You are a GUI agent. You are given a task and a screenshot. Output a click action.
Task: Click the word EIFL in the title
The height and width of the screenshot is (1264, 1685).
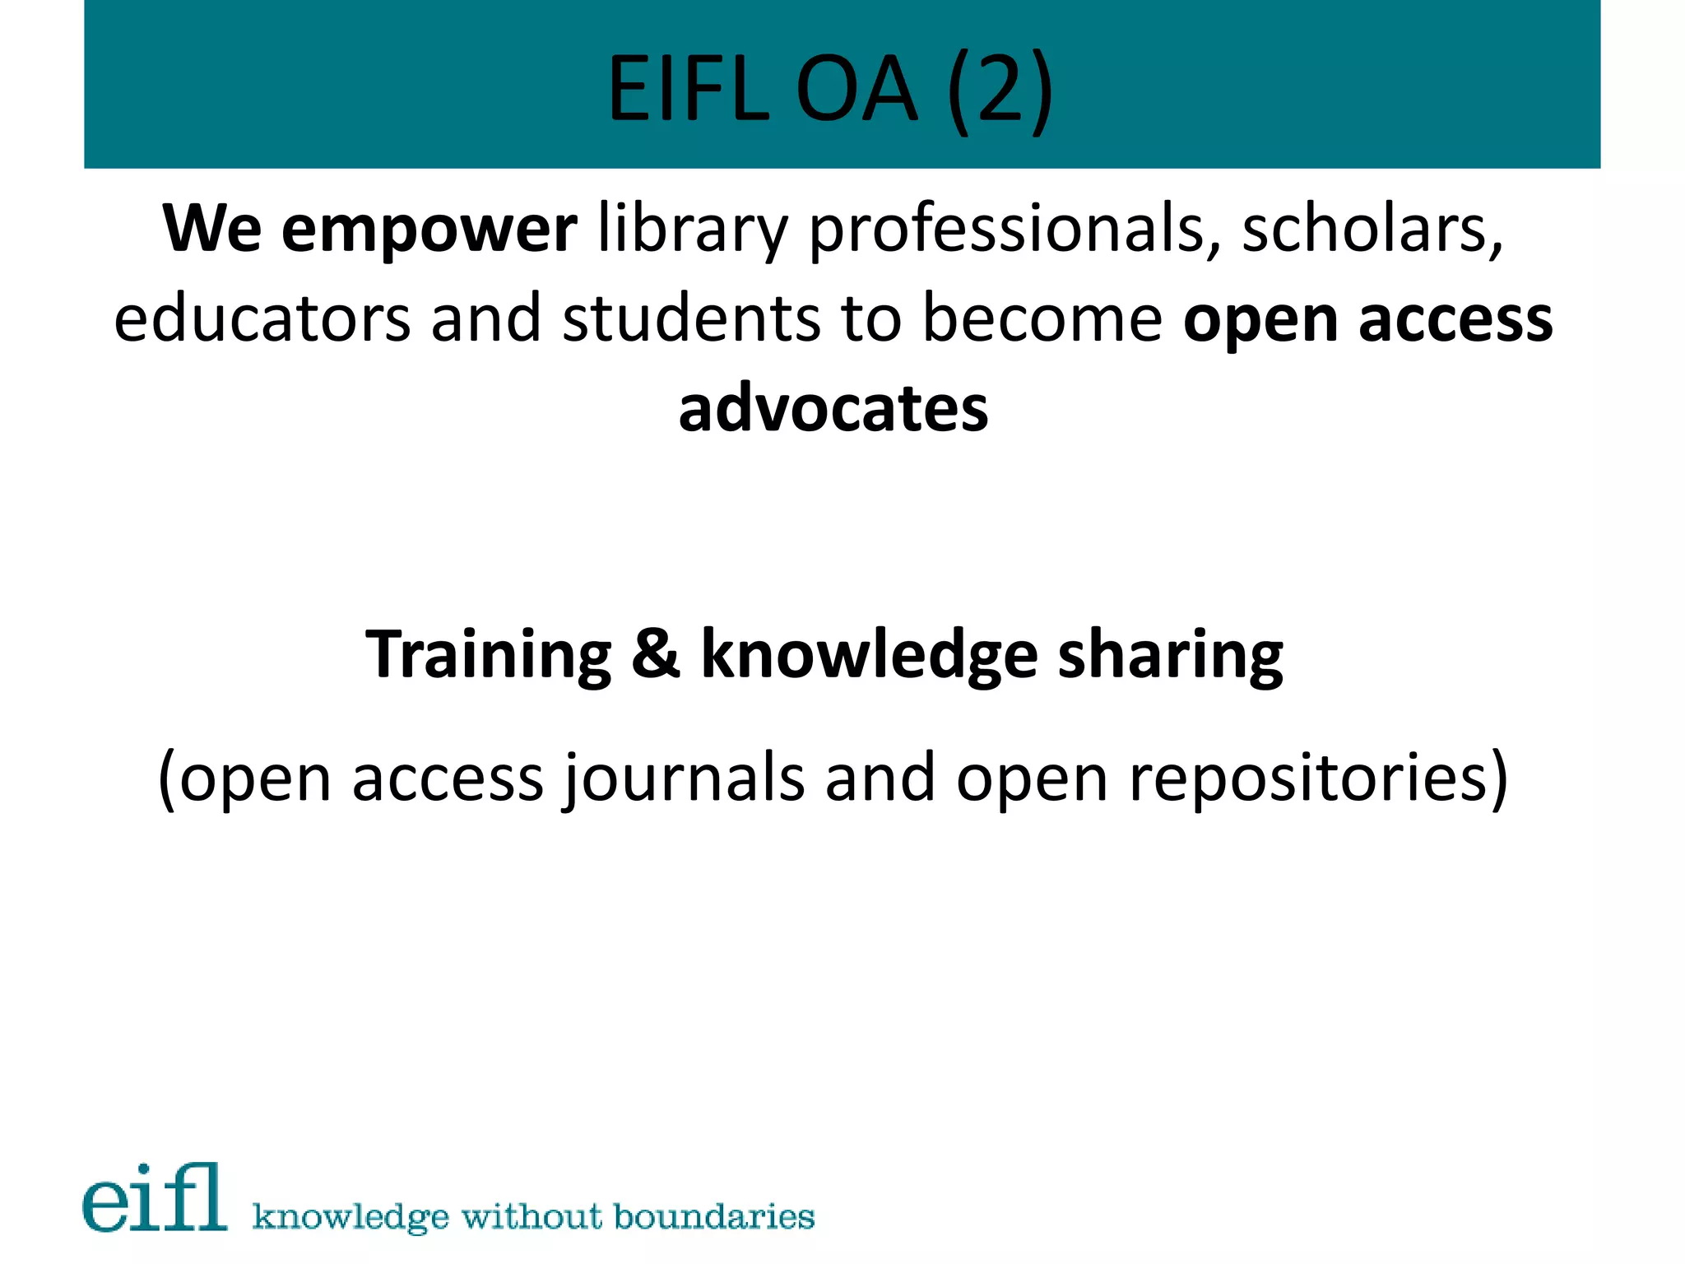(x=688, y=89)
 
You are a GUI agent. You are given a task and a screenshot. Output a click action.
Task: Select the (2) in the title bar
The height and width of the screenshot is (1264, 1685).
(x=999, y=89)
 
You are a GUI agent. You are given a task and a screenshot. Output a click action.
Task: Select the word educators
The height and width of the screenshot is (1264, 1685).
(x=262, y=319)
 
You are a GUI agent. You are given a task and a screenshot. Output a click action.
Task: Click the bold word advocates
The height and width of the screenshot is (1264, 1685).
(x=833, y=409)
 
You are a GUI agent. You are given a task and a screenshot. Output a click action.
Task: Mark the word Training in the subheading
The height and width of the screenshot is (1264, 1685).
(x=489, y=654)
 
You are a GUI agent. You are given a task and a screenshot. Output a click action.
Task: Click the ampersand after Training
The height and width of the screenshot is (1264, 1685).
(x=656, y=654)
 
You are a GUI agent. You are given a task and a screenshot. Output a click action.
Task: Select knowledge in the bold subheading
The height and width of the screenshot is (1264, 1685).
(x=869, y=654)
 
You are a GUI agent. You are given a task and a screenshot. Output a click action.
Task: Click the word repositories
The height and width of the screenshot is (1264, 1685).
(x=1317, y=778)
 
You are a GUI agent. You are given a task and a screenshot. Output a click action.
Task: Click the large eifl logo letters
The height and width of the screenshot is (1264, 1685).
(x=155, y=1198)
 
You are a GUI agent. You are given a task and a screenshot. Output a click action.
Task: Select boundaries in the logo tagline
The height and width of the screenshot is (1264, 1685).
(x=714, y=1216)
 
